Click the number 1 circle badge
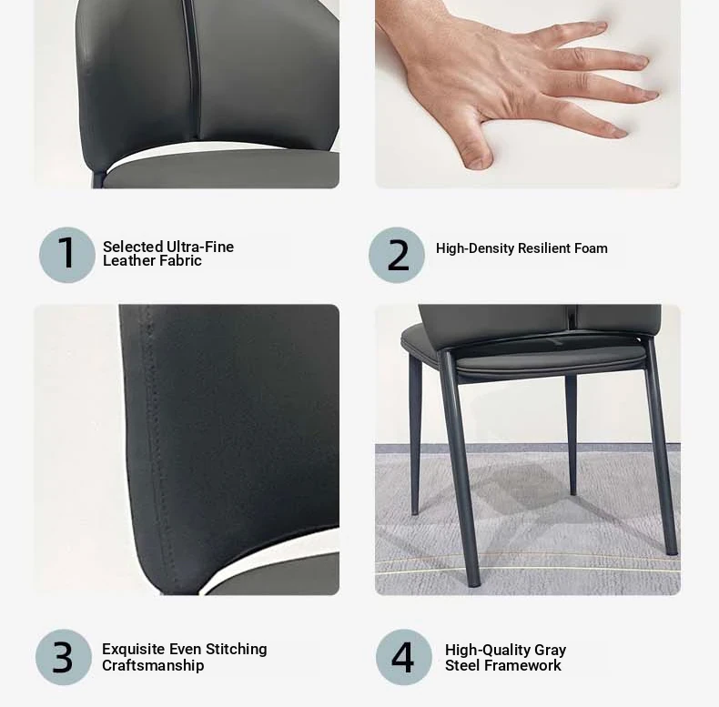pyautogui.click(x=67, y=255)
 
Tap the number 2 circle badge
pyautogui.click(x=397, y=255)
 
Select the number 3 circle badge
pyautogui.click(x=64, y=657)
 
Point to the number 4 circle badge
pyautogui.click(x=404, y=657)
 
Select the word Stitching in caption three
pyautogui.click(x=236, y=650)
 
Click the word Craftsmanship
pyautogui.click(x=153, y=665)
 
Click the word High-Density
pyautogui.click(x=475, y=248)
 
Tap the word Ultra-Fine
pyautogui.click(x=200, y=247)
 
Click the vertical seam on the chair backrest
pyautogui.click(x=191, y=69)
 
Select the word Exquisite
pyautogui.click(x=134, y=650)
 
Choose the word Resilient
pyautogui.click(x=544, y=248)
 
